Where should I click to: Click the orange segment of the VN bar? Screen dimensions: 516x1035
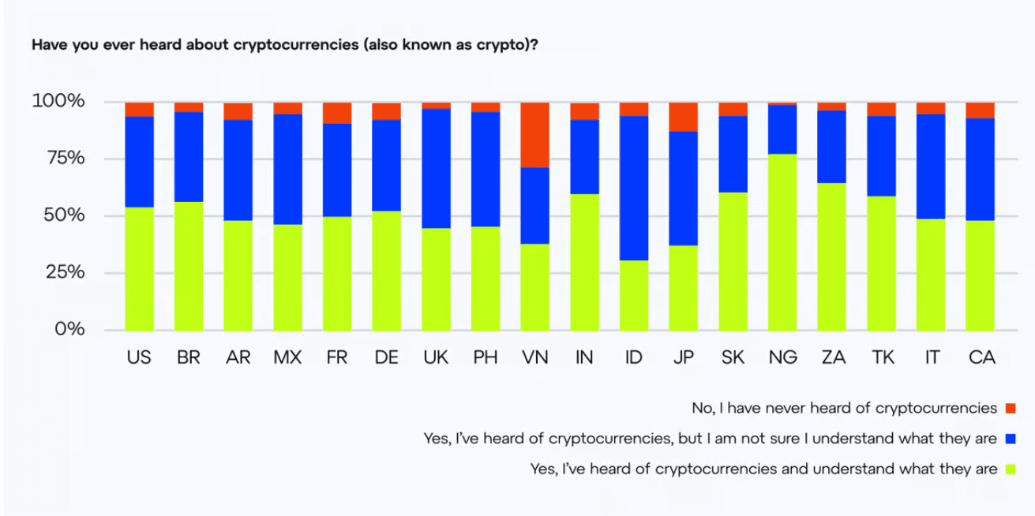click(534, 134)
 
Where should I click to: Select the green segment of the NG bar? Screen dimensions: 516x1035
click(782, 241)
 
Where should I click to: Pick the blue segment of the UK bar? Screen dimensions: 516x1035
click(436, 168)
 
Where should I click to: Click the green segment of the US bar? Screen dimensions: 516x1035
click(139, 268)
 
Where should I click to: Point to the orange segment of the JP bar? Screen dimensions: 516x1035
click(684, 117)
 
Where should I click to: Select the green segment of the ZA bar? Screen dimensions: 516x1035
click(831, 256)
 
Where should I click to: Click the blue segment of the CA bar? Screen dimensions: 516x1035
click(980, 169)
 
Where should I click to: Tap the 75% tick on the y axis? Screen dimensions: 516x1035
click(58, 159)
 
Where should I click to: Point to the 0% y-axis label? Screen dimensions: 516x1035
click(69, 329)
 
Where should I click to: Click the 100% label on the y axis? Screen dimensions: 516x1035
click(58, 102)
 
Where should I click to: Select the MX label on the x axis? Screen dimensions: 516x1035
click(287, 357)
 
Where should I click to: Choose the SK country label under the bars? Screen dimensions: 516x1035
click(733, 357)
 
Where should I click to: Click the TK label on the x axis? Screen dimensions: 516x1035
click(881, 357)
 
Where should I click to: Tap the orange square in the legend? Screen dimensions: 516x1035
click(1011, 409)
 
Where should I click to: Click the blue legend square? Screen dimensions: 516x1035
click(1011, 439)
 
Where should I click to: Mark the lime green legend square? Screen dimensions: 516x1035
click(1011, 469)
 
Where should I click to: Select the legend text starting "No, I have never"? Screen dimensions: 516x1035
click(844, 409)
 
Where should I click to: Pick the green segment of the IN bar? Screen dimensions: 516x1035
click(584, 262)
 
